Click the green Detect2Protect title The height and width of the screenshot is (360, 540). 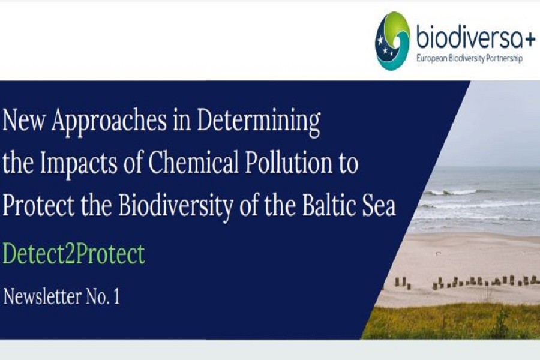tap(74, 254)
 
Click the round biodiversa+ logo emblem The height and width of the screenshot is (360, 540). tap(392, 41)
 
